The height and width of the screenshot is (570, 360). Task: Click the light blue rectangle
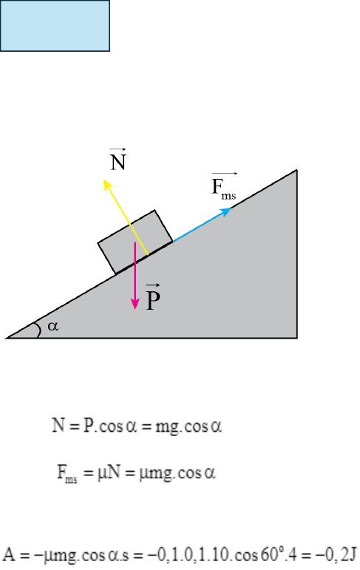click(x=55, y=25)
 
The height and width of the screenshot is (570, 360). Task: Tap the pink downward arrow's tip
click(x=135, y=309)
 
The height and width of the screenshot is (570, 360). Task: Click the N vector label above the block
click(x=118, y=160)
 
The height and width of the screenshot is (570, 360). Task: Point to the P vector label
click(x=153, y=296)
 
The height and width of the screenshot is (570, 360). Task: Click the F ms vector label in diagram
click(x=224, y=186)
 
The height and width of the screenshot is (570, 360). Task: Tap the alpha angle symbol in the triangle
click(x=53, y=326)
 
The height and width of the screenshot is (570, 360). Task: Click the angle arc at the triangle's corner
click(x=38, y=329)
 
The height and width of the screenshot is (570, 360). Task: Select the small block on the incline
click(x=135, y=242)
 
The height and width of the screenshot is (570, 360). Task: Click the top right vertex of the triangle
click(x=296, y=170)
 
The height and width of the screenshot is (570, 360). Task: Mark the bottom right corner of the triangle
click(x=297, y=338)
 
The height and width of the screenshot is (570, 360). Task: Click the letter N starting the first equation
click(x=58, y=425)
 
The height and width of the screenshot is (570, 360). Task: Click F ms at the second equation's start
click(x=67, y=474)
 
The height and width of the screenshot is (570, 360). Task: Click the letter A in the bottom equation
click(x=9, y=554)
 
